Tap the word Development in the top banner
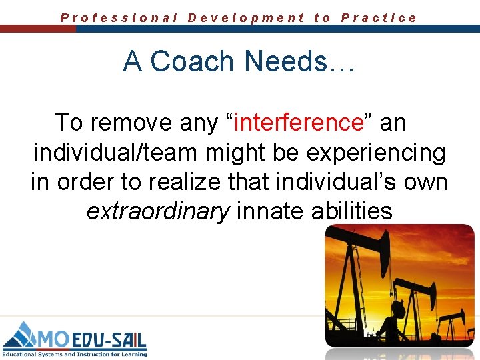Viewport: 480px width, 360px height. coord(246,18)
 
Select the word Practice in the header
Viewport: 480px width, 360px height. coord(379,18)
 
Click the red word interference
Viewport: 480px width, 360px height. coord(298,123)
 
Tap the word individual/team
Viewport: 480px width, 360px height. coord(116,153)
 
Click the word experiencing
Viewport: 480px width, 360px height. coord(376,153)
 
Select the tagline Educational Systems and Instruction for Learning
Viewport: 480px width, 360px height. coord(74,354)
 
